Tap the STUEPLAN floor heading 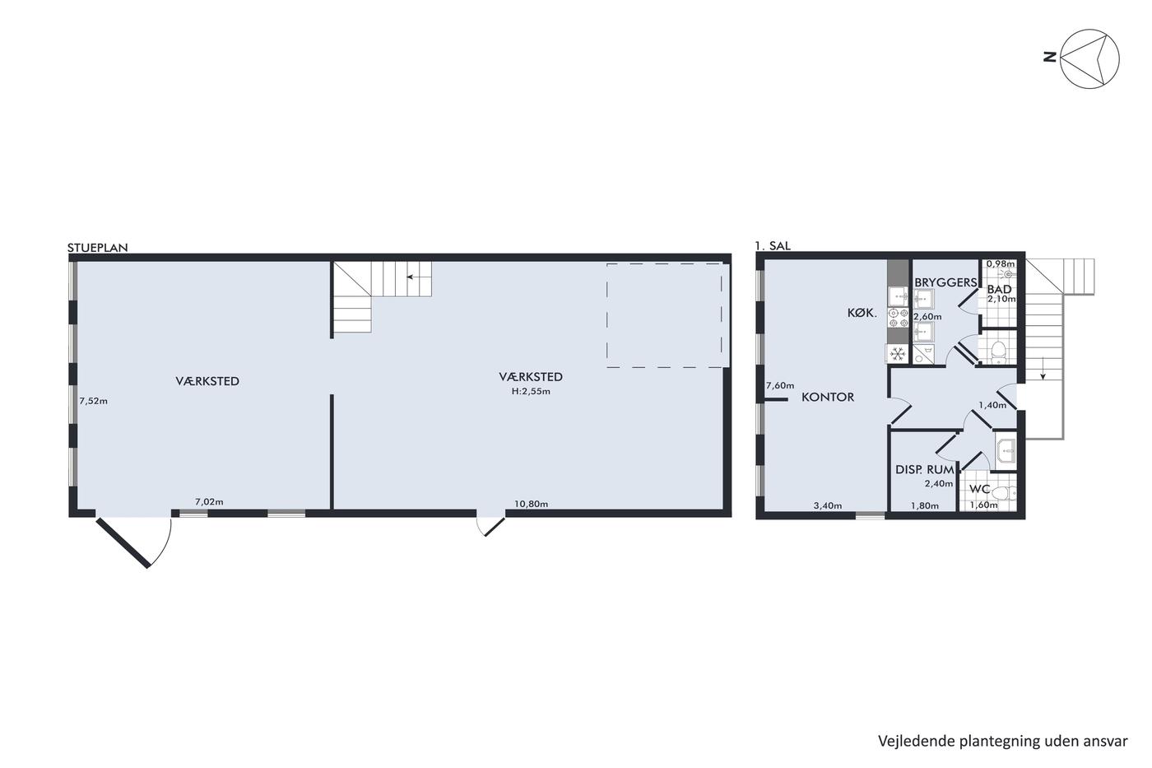98,248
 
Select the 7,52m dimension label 94,401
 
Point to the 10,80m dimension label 532,504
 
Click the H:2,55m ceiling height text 531,392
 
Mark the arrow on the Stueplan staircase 418,277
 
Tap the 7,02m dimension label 209,501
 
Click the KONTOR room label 828,397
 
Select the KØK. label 862,312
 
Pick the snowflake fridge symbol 898,354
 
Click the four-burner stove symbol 899,318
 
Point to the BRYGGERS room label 945,282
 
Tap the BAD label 999,289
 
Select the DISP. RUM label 925,470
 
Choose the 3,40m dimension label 828,505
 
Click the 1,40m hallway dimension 992,405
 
